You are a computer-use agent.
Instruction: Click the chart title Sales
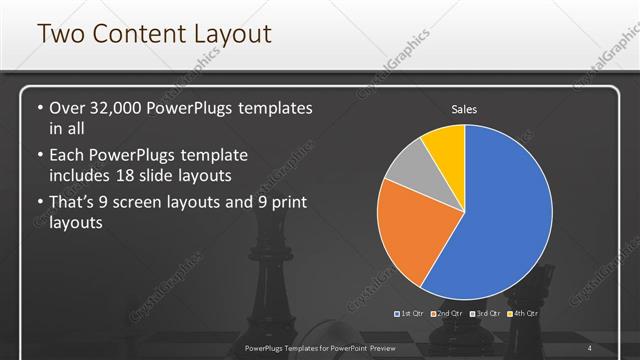pos(465,109)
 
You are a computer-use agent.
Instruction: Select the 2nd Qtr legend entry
pos(449,313)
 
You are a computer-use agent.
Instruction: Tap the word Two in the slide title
pos(58,34)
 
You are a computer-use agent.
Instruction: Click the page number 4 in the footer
pos(590,348)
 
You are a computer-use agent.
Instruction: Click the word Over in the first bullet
pos(70,107)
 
